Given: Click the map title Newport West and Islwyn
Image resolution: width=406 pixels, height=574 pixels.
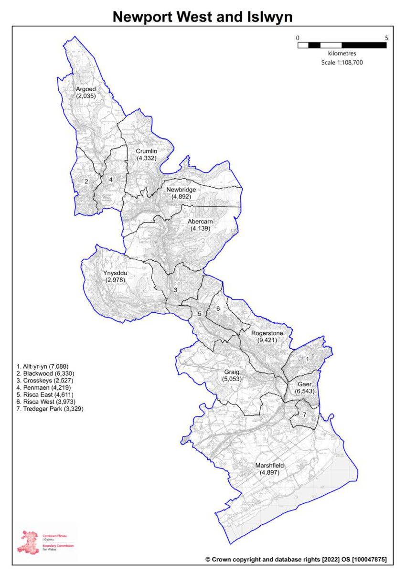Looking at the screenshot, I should click(x=203, y=17).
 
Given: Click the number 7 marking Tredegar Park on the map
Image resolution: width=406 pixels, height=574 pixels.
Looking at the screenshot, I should click(x=304, y=414).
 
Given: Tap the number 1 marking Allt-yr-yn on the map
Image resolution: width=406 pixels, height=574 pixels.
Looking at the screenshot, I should click(x=308, y=358).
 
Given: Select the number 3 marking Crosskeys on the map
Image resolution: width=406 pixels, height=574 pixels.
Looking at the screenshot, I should click(x=175, y=290).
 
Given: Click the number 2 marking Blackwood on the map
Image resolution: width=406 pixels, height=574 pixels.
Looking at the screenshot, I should click(x=86, y=181).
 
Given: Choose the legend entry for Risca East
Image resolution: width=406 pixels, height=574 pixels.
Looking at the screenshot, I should click(x=45, y=394).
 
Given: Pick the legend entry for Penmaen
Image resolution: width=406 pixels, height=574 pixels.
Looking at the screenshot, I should click(x=43, y=387).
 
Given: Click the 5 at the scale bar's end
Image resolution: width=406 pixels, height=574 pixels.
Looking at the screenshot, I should click(x=386, y=37).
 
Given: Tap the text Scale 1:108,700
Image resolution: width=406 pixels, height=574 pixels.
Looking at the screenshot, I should click(x=342, y=62).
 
